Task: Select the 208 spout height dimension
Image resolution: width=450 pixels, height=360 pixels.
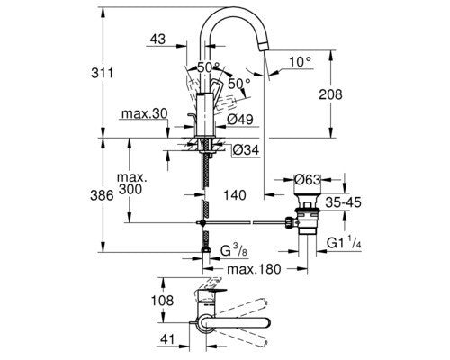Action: coord(343,93)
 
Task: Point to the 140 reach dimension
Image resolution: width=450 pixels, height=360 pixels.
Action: coord(237,194)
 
